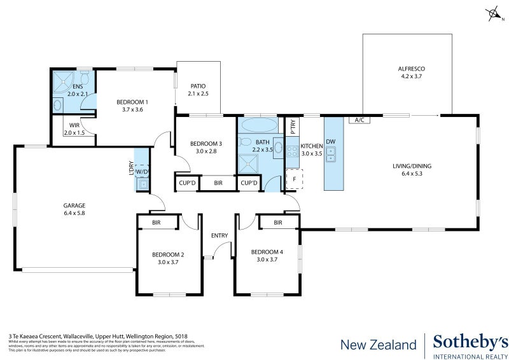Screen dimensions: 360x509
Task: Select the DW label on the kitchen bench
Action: [x=331, y=142]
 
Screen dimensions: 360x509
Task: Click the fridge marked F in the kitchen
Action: [x=294, y=179]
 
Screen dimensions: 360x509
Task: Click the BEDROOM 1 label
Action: [x=132, y=102]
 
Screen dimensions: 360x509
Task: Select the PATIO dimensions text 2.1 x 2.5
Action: [x=198, y=94]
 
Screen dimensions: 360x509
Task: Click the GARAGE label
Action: [x=74, y=205]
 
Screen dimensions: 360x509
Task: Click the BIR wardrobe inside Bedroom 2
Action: [x=157, y=223]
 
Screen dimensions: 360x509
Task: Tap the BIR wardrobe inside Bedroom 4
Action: [x=278, y=223]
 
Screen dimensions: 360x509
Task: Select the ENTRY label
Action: [x=220, y=236]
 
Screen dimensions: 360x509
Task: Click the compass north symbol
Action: [x=491, y=13]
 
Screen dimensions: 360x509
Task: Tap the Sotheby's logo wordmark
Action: [x=470, y=342]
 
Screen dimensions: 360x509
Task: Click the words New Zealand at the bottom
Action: [x=378, y=345]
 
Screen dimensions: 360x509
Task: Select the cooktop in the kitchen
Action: [x=292, y=152]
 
